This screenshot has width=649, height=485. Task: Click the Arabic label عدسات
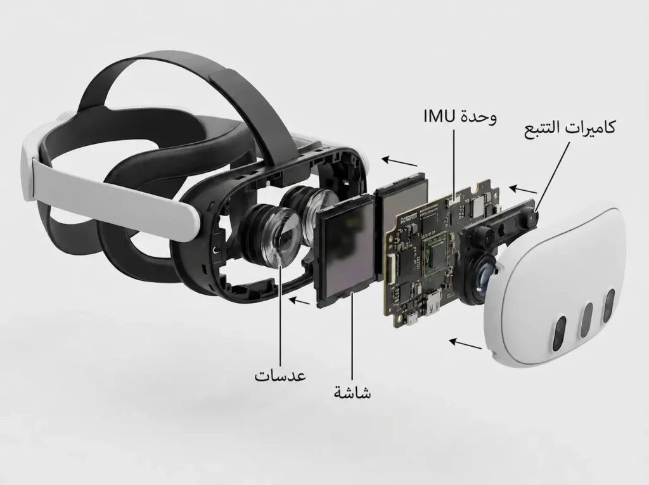coord(280,375)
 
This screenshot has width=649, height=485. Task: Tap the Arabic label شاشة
coord(352,392)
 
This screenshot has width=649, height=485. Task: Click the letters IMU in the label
coord(439,117)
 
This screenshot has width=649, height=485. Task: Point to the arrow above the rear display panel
coord(399,161)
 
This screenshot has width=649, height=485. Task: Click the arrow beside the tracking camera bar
coord(523,190)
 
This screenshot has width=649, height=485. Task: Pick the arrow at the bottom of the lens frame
coord(299,301)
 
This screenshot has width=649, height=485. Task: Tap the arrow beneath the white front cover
coord(466,344)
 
